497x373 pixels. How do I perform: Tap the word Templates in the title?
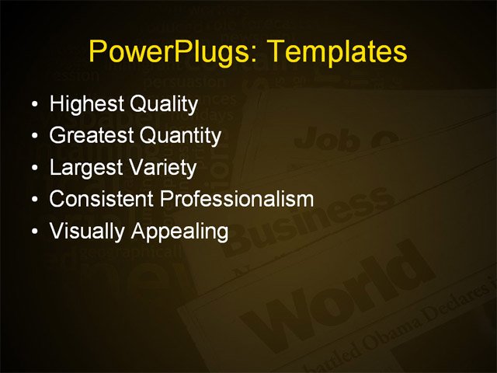coord(334,52)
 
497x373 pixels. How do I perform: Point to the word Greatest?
coord(91,136)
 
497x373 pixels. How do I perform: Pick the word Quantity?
coord(180,136)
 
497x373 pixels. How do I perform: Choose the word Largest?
coord(84,168)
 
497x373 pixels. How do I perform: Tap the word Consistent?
coord(101,199)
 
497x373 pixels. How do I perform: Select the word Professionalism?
coord(237,199)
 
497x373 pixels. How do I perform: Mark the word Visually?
coord(87,231)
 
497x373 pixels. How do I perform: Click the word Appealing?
coord(179,231)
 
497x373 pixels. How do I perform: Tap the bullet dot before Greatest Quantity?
coord(33,137)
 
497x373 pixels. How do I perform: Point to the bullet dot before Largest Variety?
coord(33,169)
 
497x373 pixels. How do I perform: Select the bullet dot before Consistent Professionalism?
coord(33,200)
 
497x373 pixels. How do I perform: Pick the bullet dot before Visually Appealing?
coord(33,232)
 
